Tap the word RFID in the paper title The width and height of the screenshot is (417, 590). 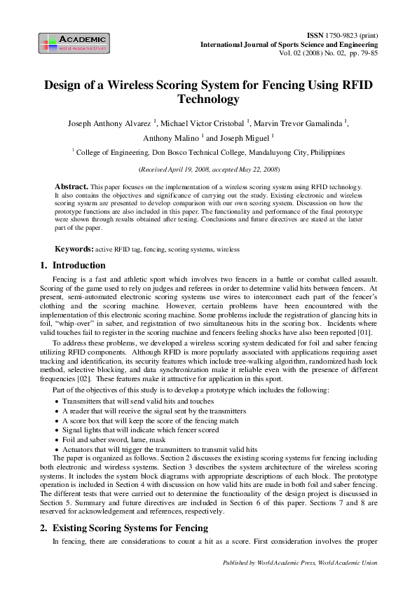pos(351,85)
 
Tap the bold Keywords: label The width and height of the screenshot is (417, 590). pos(74,249)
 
